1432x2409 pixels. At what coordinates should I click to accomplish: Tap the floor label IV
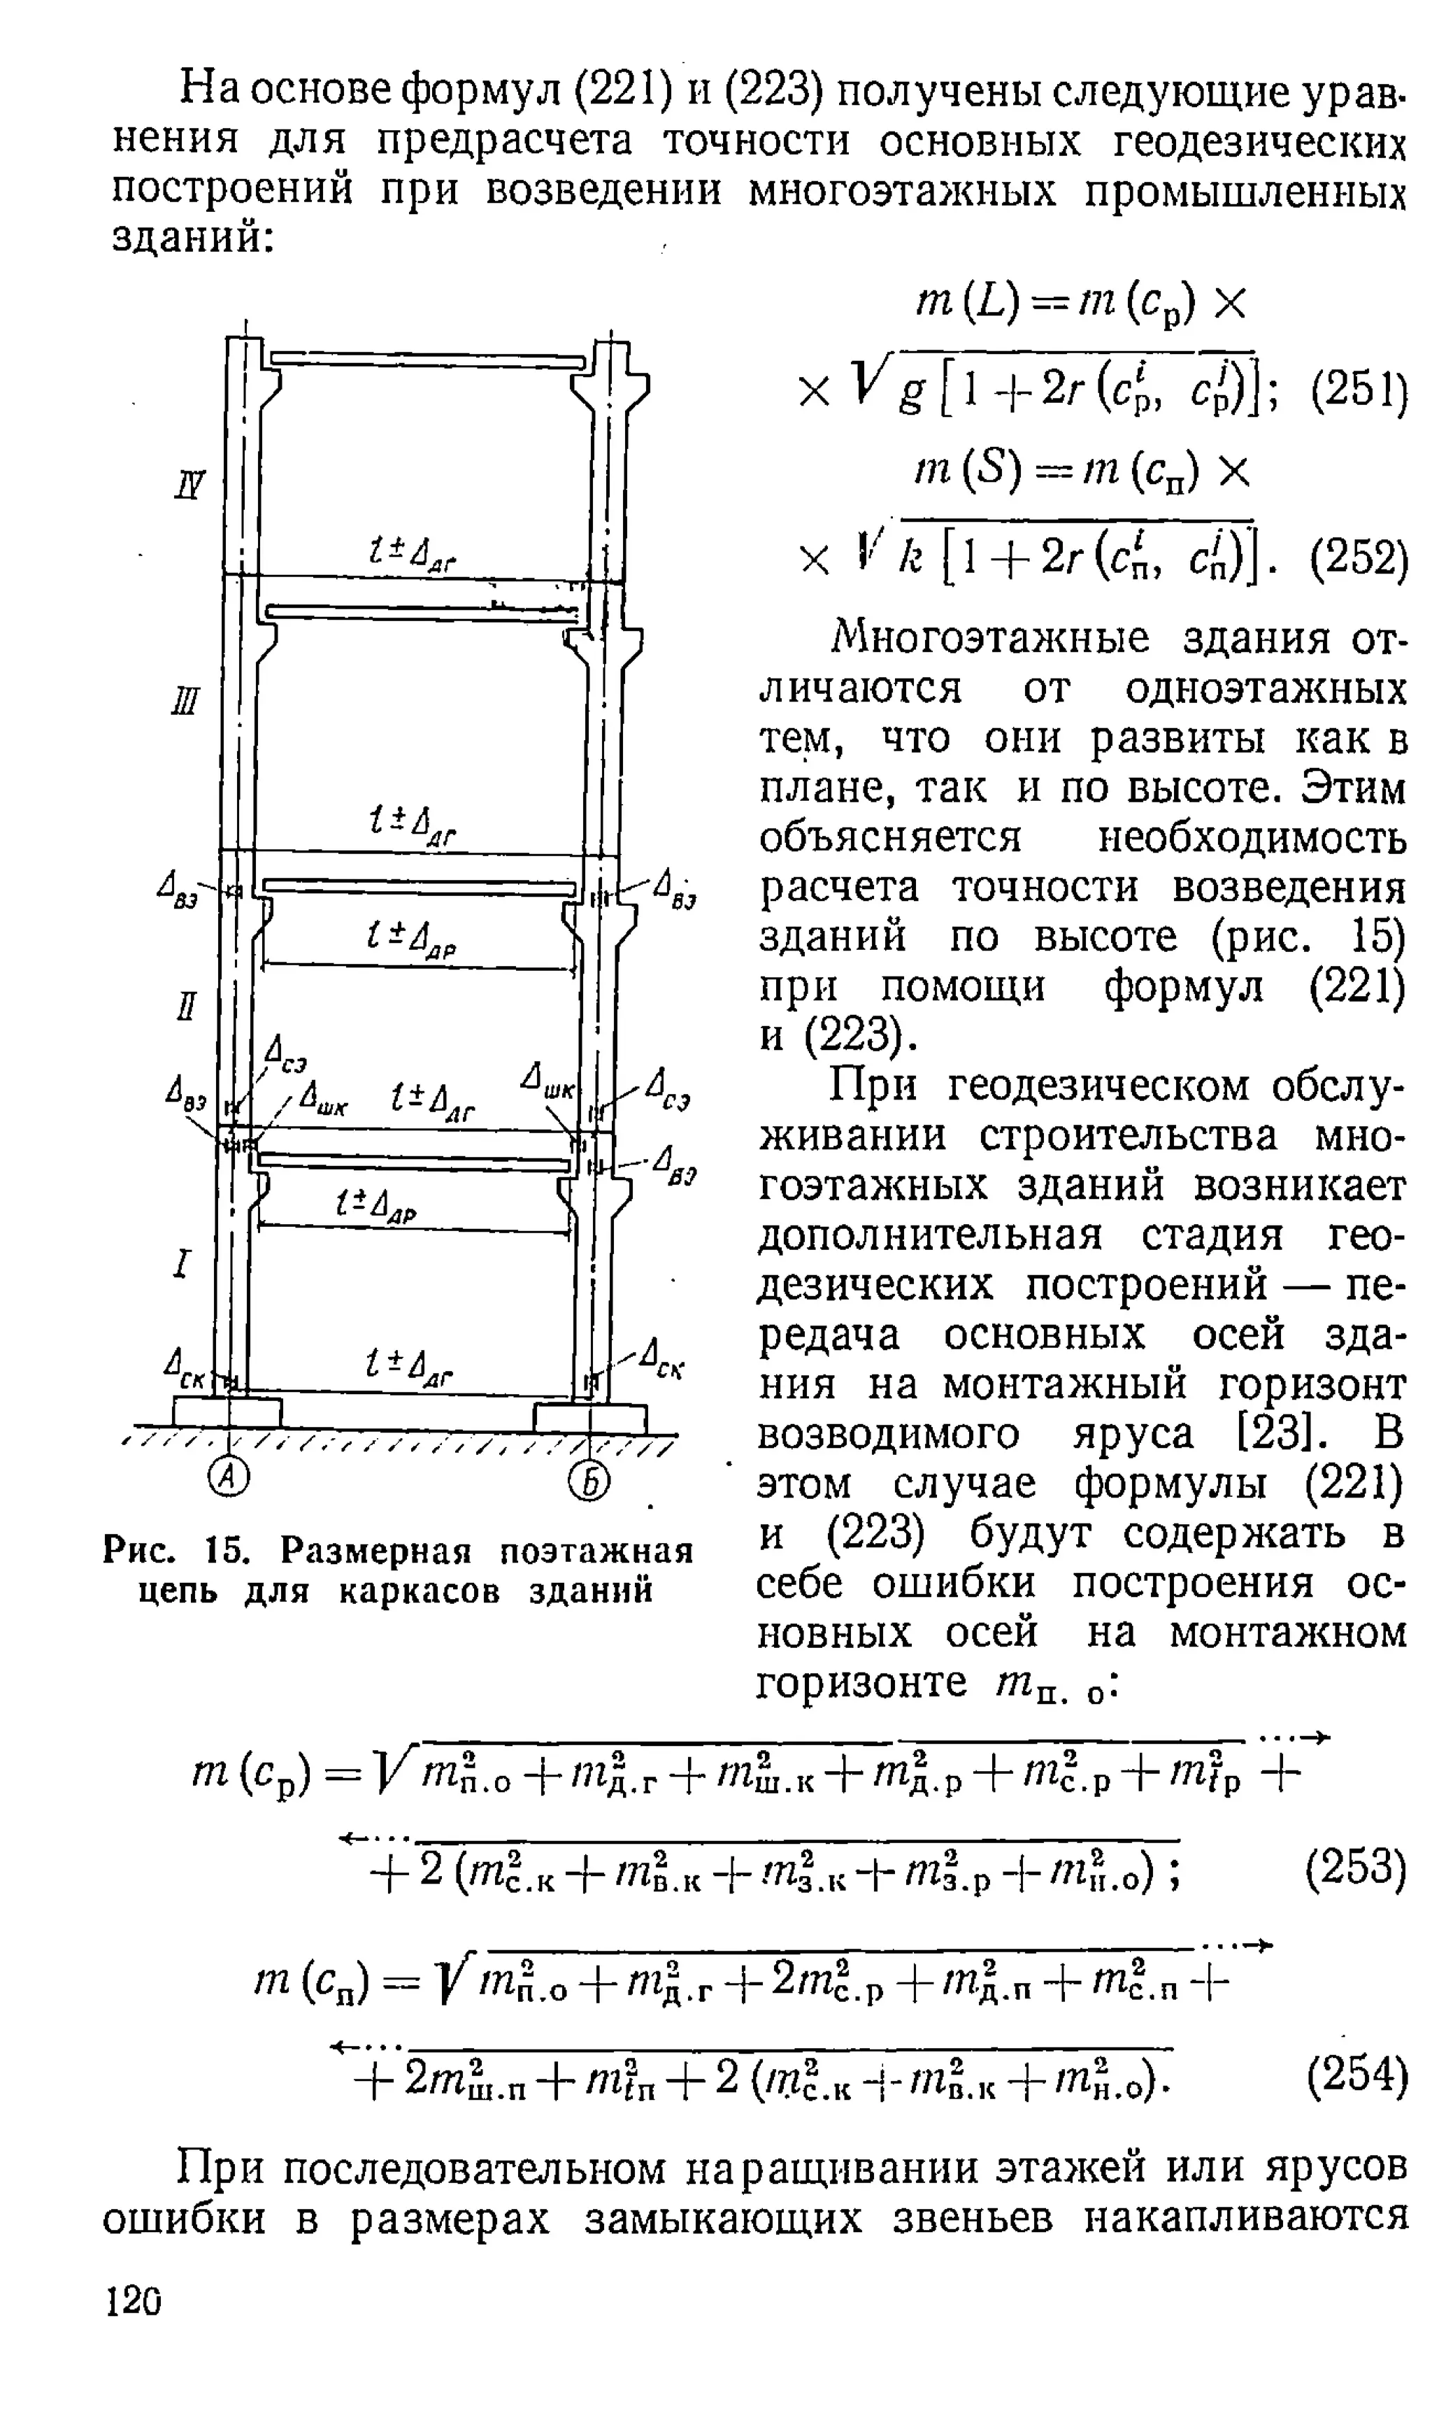191,483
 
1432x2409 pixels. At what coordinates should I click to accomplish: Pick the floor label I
182,1263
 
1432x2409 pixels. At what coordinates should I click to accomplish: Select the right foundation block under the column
589,1417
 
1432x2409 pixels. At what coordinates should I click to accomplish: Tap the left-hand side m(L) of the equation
960,305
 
